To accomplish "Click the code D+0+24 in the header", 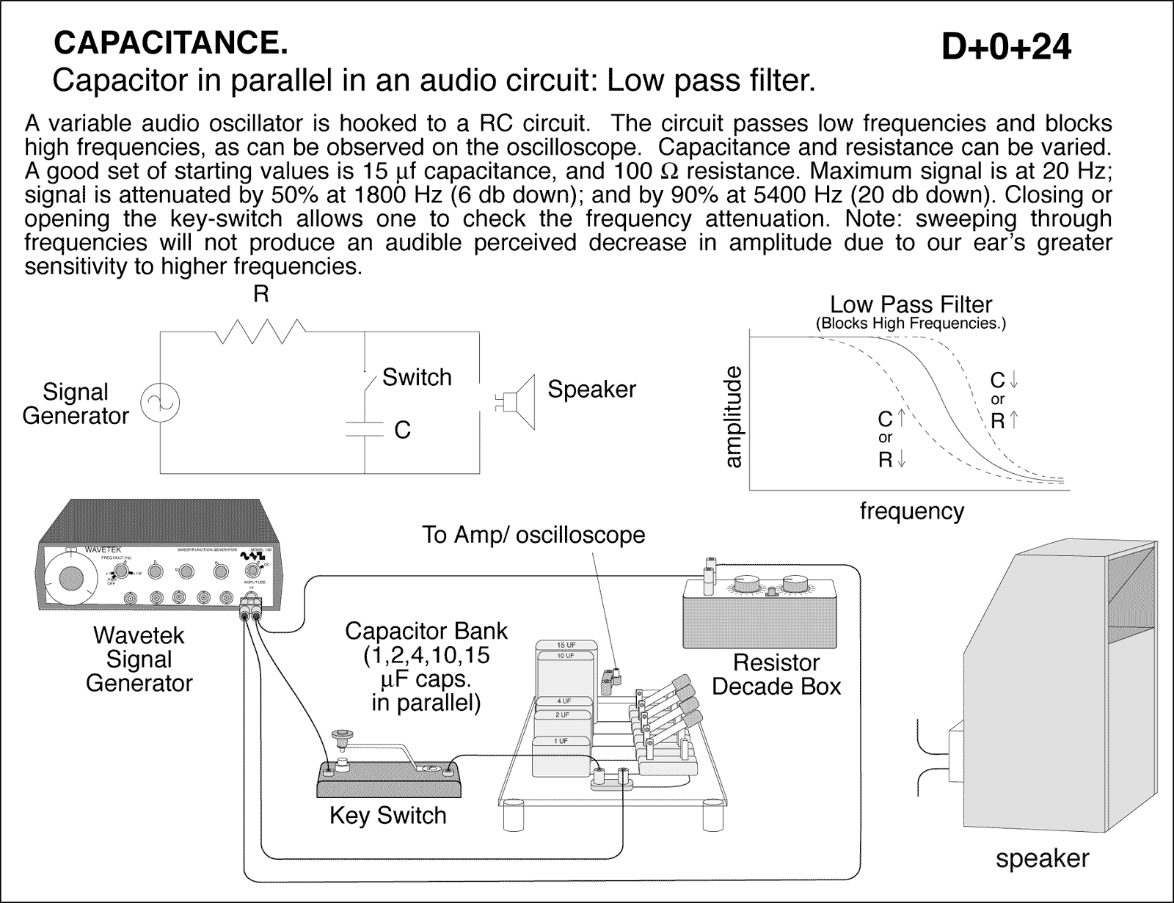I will click(x=1006, y=48).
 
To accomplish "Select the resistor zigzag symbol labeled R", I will click(x=260, y=331).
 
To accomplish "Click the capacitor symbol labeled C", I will click(x=365, y=429).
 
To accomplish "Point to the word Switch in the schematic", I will click(x=417, y=377).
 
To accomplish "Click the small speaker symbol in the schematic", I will click(x=518, y=401).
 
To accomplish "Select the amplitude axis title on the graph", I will click(x=733, y=417).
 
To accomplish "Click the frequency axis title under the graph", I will click(x=911, y=511).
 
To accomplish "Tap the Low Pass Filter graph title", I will click(x=911, y=304).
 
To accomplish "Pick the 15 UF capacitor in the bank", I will click(x=566, y=645).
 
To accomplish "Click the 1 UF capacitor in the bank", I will click(x=561, y=742).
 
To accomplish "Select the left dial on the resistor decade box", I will click(x=748, y=585).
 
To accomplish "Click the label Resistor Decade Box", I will click(x=776, y=674).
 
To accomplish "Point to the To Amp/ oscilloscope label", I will click(x=533, y=535).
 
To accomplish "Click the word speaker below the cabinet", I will click(x=1042, y=858).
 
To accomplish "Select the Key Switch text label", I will click(x=387, y=815).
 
